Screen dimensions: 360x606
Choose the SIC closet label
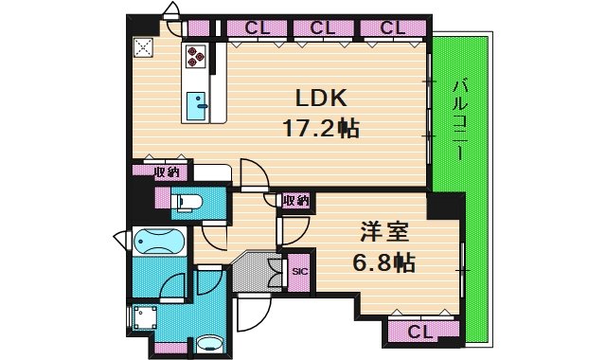(x=299, y=272)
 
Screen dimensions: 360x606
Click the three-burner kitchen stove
(x=196, y=56)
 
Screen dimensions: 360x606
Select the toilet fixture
(x=189, y=201)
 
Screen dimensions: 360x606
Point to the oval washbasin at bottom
(x=211, y=343)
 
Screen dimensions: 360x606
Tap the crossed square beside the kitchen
(x=145, y=47)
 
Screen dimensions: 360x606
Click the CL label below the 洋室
(x=421, y=331)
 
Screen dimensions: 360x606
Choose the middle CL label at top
(x=322, y=28)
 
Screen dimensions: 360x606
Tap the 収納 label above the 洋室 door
(x=296, y=200)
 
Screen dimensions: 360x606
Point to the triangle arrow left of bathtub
(x=119, y=238)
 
